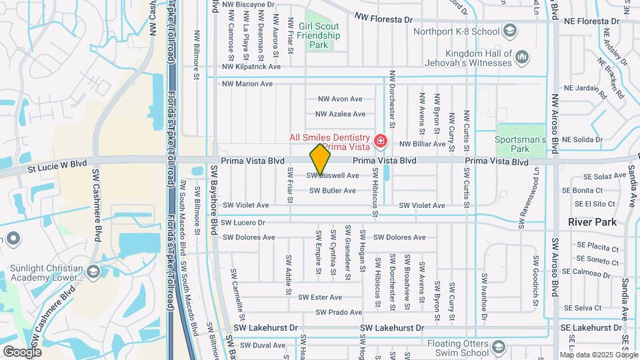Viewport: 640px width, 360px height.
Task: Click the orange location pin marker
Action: pos(320,158)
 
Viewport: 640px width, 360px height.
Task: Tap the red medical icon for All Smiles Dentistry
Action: pos(381,141)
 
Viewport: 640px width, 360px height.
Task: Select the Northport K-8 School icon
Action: pos(510,31)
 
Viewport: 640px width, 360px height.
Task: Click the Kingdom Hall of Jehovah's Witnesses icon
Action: pos(522,57)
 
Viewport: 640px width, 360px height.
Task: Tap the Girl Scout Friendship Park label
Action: pos(319,35)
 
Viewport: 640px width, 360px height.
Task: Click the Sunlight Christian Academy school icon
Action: pos(93,271)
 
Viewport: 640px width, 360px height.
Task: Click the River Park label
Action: pos(592,222)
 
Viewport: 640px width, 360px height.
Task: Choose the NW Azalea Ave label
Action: pos(341,114)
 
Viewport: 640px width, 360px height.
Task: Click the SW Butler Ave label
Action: pos(333,191)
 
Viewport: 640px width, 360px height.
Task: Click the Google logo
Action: pos(22,351)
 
